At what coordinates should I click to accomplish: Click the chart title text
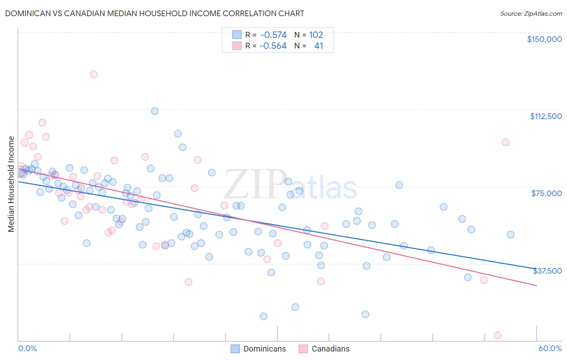[154, 13]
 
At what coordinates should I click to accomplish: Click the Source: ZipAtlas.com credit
[531, 13]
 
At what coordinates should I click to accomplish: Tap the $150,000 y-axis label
[544, 39]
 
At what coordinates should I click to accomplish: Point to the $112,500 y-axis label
[546, 116]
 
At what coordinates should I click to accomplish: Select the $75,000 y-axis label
[546, 193]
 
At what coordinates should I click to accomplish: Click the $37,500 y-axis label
[547, 271]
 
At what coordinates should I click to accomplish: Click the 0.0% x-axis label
[27, 348]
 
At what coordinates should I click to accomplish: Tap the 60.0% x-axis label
[550, 348]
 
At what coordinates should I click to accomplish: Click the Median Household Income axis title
[11, 184]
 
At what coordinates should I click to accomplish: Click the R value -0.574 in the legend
[273, 35]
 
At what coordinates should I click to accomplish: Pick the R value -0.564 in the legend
[273, 46]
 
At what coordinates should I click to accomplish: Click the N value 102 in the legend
[316, 35]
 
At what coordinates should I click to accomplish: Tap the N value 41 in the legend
[319, 46]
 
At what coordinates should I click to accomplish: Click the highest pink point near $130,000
[94, 74]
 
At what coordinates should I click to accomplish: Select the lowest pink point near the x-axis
[497, 335]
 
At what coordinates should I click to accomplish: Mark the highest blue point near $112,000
[154, 111]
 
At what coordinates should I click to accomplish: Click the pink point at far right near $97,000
[505, 142]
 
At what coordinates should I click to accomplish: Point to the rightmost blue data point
[511, 234]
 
